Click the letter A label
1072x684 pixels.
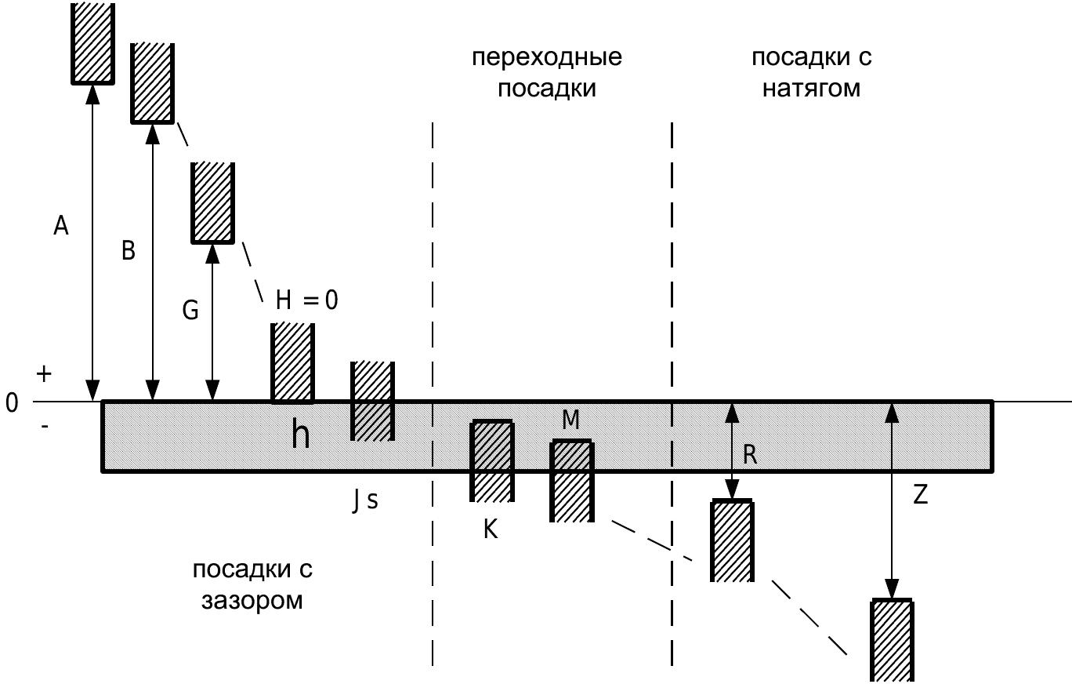(x=61, y=225)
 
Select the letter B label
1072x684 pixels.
(x=129, y=250)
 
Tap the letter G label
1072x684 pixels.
(x=190, y=310)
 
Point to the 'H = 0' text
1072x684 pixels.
(x=306, y=300)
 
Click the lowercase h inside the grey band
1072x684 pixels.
(x=301, y=435)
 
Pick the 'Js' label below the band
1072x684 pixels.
(x=365, y=501)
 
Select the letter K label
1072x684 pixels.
(x=491, y=529)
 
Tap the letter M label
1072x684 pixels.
(x=570, y=420)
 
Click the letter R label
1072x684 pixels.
(x=750, y=454)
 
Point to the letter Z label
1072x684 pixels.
(x=920, y=494)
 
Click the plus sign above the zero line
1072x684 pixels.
(x=44, y=374)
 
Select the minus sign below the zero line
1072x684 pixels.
(x=45, y=425)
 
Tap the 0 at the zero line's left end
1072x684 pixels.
(x=12, y=403)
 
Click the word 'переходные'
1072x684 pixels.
(x=547, y=57)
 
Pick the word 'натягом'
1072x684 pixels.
(x=811, y=89)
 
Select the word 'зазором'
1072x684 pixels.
(x=252, y=601)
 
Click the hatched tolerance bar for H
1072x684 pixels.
(x=292, y=362)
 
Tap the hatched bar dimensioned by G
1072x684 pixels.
(x=212, y=203)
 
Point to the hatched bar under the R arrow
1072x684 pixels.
(x=732, y=540)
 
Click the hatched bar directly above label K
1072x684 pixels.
(x=492, y=460)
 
